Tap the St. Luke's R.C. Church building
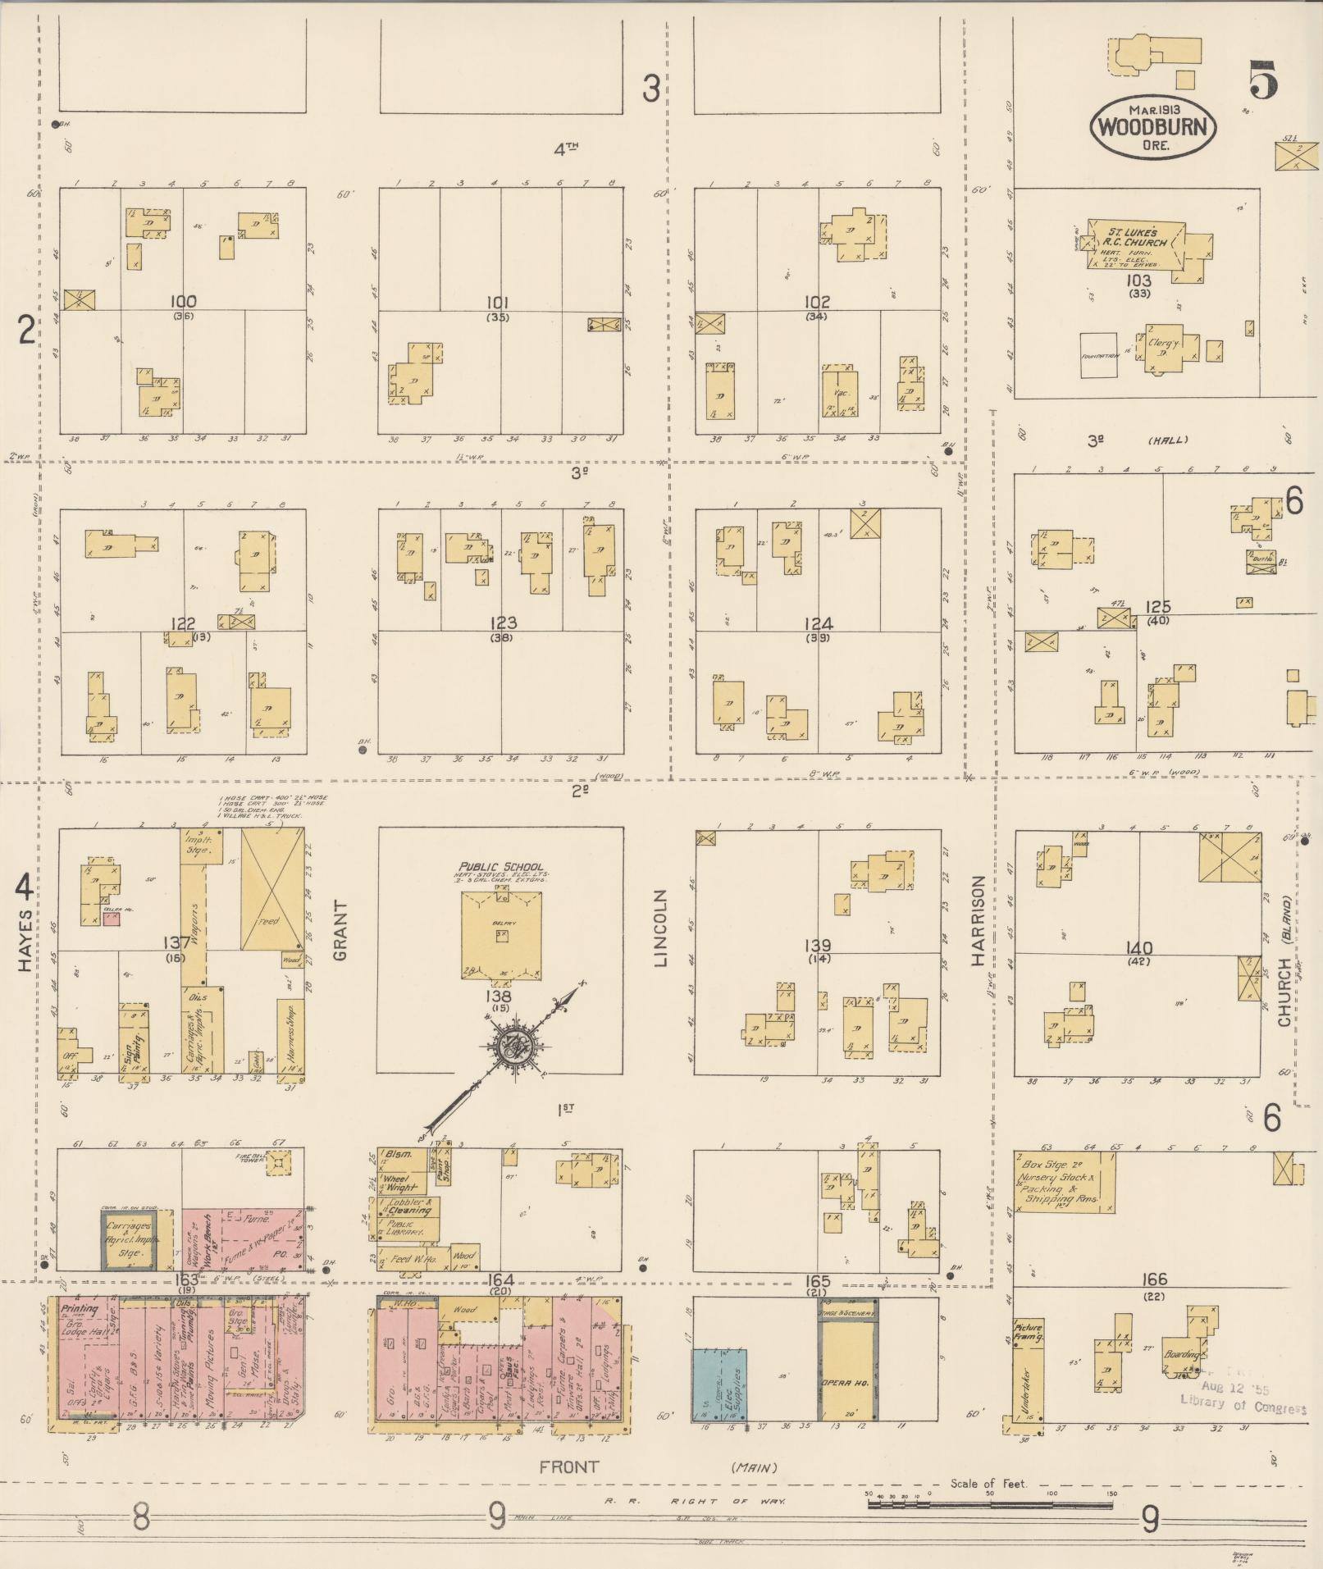click(1137, 244)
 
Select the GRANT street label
click(340, 931)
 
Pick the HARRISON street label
click(978, 920)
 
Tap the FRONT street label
click(568, 1466)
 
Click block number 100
click(181, 302)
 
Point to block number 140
click(1139, 948)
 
